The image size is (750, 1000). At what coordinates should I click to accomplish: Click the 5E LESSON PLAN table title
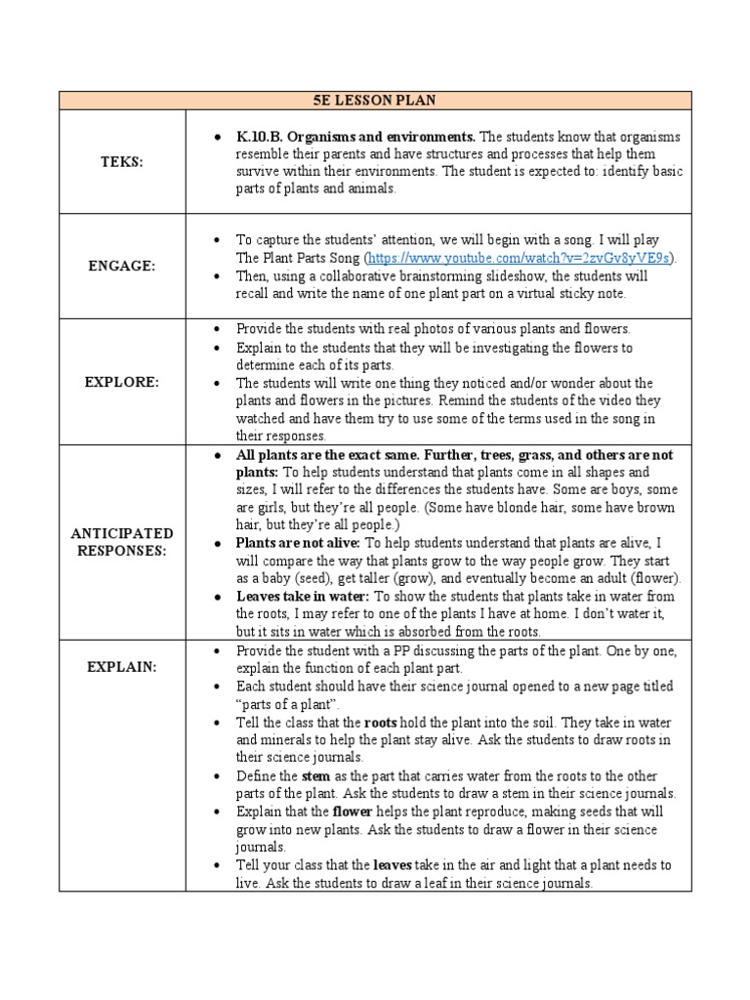point(375,101)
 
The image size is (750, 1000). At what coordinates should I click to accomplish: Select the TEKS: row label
point(122,163)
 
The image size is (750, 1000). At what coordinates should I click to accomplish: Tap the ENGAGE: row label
point(122,266)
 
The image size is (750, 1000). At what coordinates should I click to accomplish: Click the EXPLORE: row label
point(122,383)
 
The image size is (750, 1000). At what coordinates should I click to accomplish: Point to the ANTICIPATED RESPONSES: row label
point(122,542)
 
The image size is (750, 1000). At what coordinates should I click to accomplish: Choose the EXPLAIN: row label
point(122,667)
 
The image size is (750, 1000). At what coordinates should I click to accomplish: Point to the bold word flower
point(353,812)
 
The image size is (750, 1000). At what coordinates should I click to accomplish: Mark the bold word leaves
point(394,865)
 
